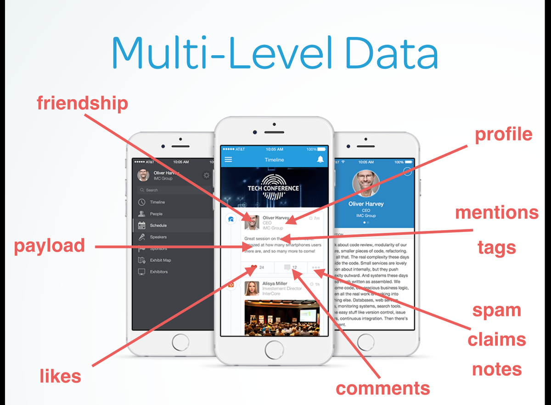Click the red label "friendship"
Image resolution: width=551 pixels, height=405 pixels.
coord(82,103)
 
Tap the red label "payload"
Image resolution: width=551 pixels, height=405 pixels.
coord(49,246)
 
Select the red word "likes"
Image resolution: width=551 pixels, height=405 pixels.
coord(60,377)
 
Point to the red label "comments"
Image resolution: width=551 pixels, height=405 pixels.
coord(383,388)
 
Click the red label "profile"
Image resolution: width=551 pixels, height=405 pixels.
coord(504,135)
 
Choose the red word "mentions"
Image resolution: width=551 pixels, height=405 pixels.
coord(497,213)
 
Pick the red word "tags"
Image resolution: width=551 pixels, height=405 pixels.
coord(497,247)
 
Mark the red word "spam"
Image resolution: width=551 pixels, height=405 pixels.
coord(497,310)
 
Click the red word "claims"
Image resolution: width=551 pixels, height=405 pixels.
coord(497,340)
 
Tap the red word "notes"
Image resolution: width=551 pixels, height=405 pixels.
coord(497,369)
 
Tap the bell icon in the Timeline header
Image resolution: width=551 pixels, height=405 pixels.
coord(320,159)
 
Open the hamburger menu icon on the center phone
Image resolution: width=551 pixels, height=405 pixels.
coord(228,159)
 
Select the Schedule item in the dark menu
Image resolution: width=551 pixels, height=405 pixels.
coord(158,225)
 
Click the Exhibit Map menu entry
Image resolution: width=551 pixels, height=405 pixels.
coord(160,260)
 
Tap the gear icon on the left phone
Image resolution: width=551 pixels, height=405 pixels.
coord(207,175)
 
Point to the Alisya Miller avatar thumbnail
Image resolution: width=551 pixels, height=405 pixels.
coord(252,288)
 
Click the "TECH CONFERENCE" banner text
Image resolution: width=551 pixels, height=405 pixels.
coord(273,188)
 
